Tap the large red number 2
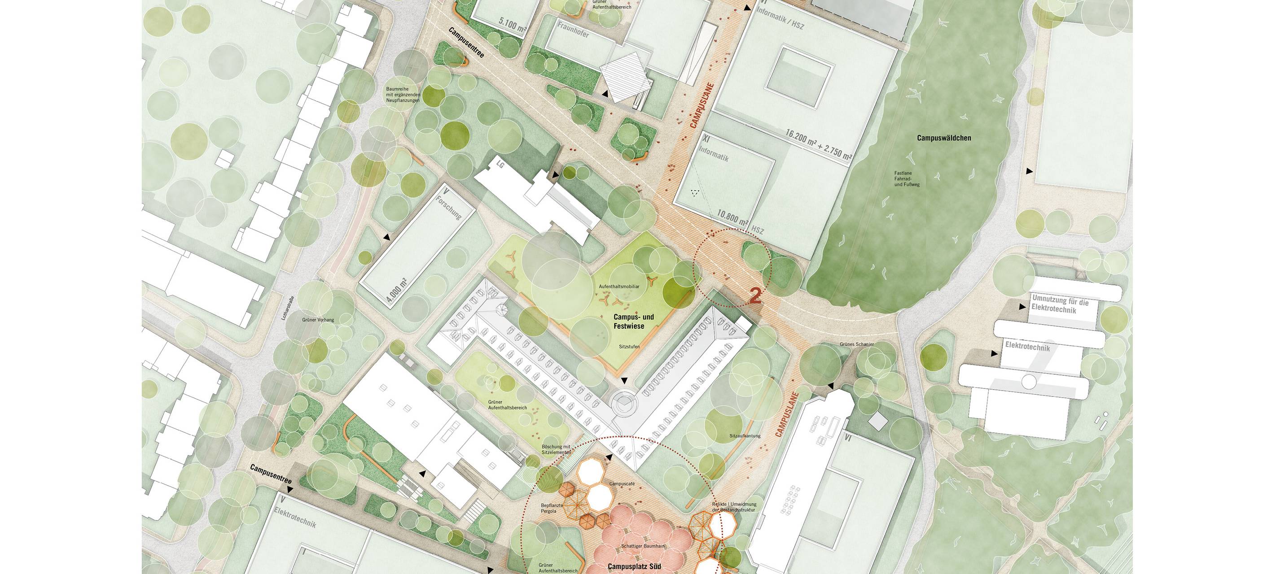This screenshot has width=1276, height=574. [x=755, y=296]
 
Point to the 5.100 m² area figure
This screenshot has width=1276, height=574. [x=512, y=25]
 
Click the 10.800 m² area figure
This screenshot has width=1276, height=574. [x=732, y=218]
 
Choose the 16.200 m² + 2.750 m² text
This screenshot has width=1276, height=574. [x=818, y=145]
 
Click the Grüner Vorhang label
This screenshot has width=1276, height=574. [x=318, y=320]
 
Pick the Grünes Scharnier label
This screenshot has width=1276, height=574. [x=856, y=344]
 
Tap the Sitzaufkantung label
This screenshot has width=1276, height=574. [x=745, y=436]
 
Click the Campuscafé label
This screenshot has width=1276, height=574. [x=622, y=483]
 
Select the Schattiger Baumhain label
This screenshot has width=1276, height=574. [x=642, y=546]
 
